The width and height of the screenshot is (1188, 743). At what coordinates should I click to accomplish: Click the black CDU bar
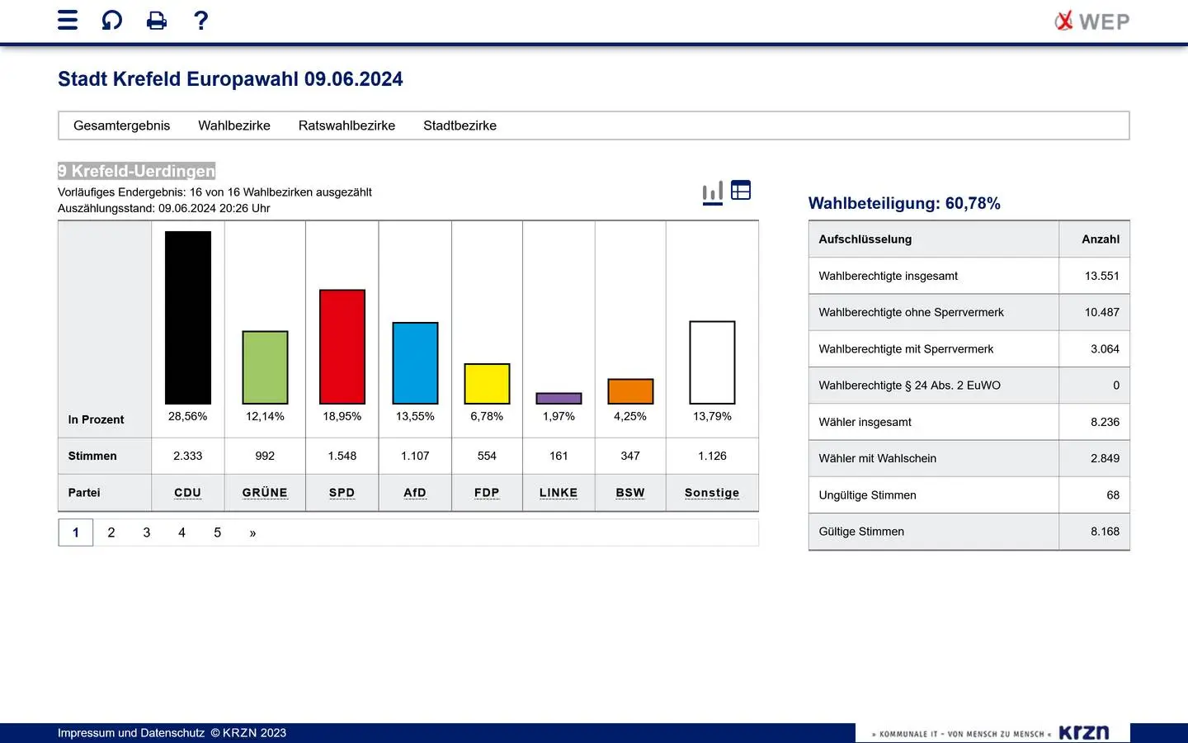coord(188,318)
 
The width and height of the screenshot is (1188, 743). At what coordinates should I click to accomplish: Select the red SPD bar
coord(342,347)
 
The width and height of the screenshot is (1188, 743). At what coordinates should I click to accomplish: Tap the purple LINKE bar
coord(559,399)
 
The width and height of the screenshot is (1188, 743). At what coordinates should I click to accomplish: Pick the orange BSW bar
coord(630,391)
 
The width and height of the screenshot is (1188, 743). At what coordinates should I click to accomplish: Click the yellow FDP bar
coord(487,384)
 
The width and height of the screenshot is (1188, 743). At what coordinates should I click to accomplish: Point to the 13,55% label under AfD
coord(415,417)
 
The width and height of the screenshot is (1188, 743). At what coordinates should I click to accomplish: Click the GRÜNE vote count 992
coord(265,456)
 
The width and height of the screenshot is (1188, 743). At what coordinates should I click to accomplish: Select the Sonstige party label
coord(712,493)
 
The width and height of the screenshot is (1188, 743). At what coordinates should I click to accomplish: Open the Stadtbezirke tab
coord(460,125)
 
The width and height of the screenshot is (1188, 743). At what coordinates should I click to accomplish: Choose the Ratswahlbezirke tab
coord(346,125)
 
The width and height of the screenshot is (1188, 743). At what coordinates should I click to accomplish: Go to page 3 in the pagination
coord(147,532)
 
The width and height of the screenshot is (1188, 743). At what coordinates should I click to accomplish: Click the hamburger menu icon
coord(68,20)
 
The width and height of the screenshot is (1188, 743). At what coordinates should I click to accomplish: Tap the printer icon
coord(157,21)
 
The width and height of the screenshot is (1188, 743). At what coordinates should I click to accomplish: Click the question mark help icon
coord(200,20)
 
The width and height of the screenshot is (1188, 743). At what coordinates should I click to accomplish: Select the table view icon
coord(741,191)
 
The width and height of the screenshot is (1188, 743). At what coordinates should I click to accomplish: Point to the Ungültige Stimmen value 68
coord(1113,495)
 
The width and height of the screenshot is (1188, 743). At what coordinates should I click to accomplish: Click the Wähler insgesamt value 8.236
coord(1105,422)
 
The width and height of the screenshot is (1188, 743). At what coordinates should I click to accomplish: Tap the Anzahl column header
coord(1101,239)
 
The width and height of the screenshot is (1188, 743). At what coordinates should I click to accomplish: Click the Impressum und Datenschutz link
coord(131,733)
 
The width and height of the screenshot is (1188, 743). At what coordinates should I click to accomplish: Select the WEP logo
coord(1091,21)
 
